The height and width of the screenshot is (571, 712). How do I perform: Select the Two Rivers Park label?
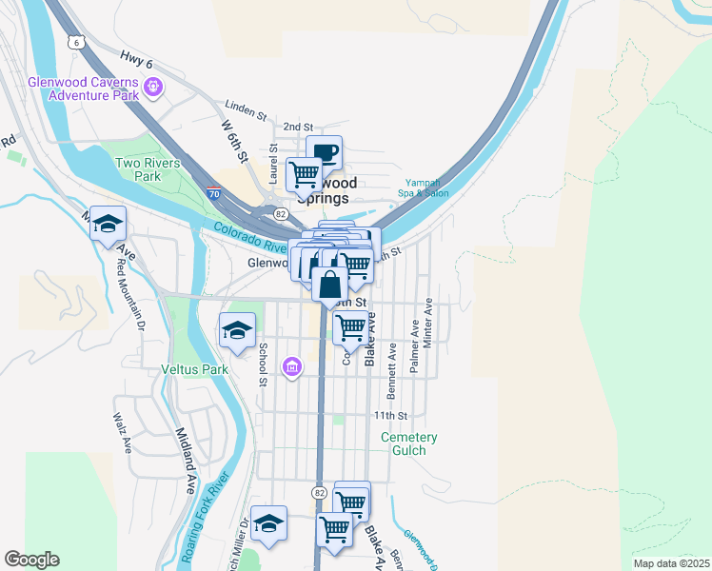[x=147, y=169]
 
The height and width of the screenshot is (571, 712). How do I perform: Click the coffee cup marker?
[x=324, y=153]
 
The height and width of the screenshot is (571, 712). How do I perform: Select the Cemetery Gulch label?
[x=409, y=444]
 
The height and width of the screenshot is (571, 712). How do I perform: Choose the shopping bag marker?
[x=328, y=285]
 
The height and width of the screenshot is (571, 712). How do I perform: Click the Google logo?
[x=31, y=560]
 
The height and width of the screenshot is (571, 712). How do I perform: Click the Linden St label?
[x=246, y=110]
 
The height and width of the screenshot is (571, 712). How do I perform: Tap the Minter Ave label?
[x=428, y=324]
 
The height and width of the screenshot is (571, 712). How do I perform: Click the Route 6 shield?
[x=76, y=42]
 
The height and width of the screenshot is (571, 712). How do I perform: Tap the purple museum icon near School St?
[x=292, y=366]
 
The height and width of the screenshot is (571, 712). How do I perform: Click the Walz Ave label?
[x=121, y=431]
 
